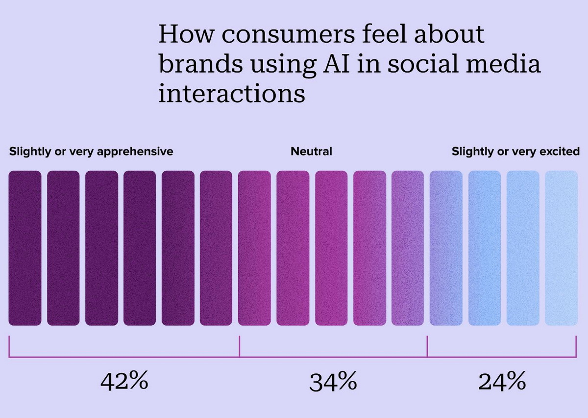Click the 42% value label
pyautogui.click(x=124, y=382)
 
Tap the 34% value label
pyautogui.click(x=333, y=382)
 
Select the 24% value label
pyautogui.click(x=502, y=382)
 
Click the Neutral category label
pyautogui.click(x=311, y=152)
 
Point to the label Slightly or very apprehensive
pyautogui.click(x=91, y=152)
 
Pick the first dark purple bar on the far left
pyautogui.click(x=25, y=248)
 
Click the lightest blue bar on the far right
pyautogui.click(x=562, y=248)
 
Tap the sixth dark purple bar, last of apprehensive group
pyautogui.click(x=216, y=248)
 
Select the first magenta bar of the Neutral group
pyautogui.click(x=254, y=248)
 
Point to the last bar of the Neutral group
pyautogui.click(x=408, y=248)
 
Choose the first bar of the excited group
pyautogui.click(x=446, y=248)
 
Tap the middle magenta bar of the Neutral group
pyautogui.click(x=331, y=248)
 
